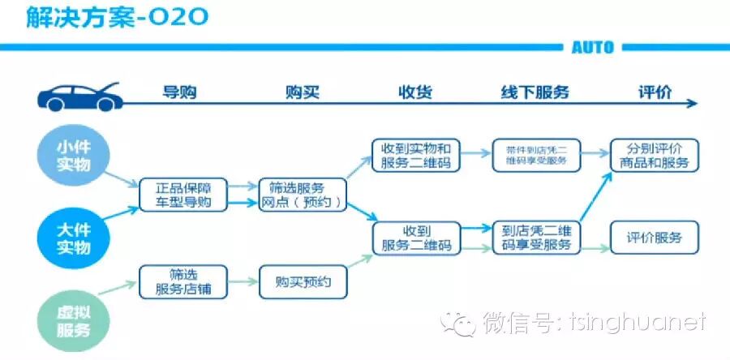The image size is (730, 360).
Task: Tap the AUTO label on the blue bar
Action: [592, 47]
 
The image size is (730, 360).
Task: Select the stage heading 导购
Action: [180, 92]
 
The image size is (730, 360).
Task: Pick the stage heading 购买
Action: [302, 92]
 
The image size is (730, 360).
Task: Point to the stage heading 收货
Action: [414, 92]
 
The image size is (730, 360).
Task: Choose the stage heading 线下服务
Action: [535, 92]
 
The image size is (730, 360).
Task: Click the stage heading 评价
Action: [655, 92]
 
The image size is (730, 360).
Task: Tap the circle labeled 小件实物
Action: [73, 156]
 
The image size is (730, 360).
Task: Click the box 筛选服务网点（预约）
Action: [303, 195]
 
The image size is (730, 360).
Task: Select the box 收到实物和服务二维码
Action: [414, 156]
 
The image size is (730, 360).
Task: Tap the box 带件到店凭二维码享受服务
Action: [535, 156]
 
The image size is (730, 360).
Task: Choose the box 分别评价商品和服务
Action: [655, 156]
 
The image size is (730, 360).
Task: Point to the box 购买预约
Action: [303, 282]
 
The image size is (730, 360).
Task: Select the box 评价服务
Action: [655, 238]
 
